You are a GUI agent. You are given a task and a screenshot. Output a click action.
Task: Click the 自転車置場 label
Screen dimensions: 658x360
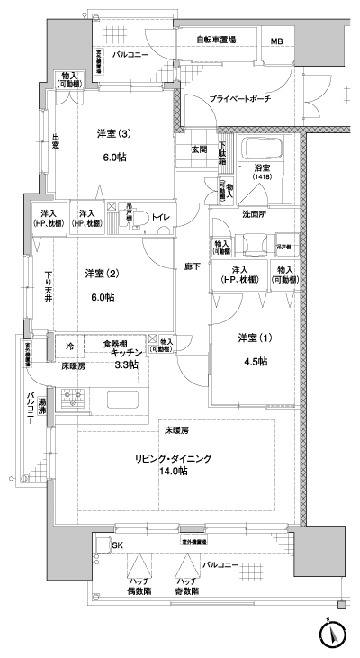point(217,41)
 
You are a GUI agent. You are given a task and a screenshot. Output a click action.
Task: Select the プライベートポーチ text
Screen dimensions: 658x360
point(240,98)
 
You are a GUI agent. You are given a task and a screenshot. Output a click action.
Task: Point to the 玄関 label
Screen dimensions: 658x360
point(199,149)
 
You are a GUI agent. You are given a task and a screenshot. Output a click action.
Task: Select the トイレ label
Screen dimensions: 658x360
point(158,217)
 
